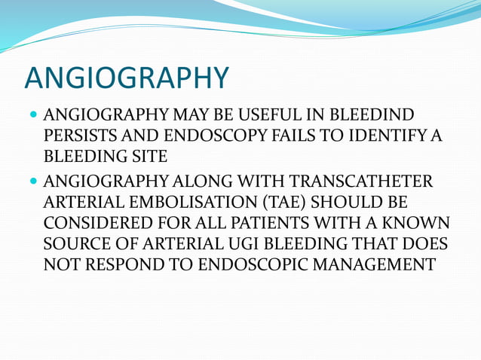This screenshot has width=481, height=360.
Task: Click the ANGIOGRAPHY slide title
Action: coord(127,78)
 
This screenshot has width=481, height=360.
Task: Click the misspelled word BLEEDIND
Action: coord(376,117)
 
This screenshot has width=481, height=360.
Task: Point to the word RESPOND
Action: coord(116,264)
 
